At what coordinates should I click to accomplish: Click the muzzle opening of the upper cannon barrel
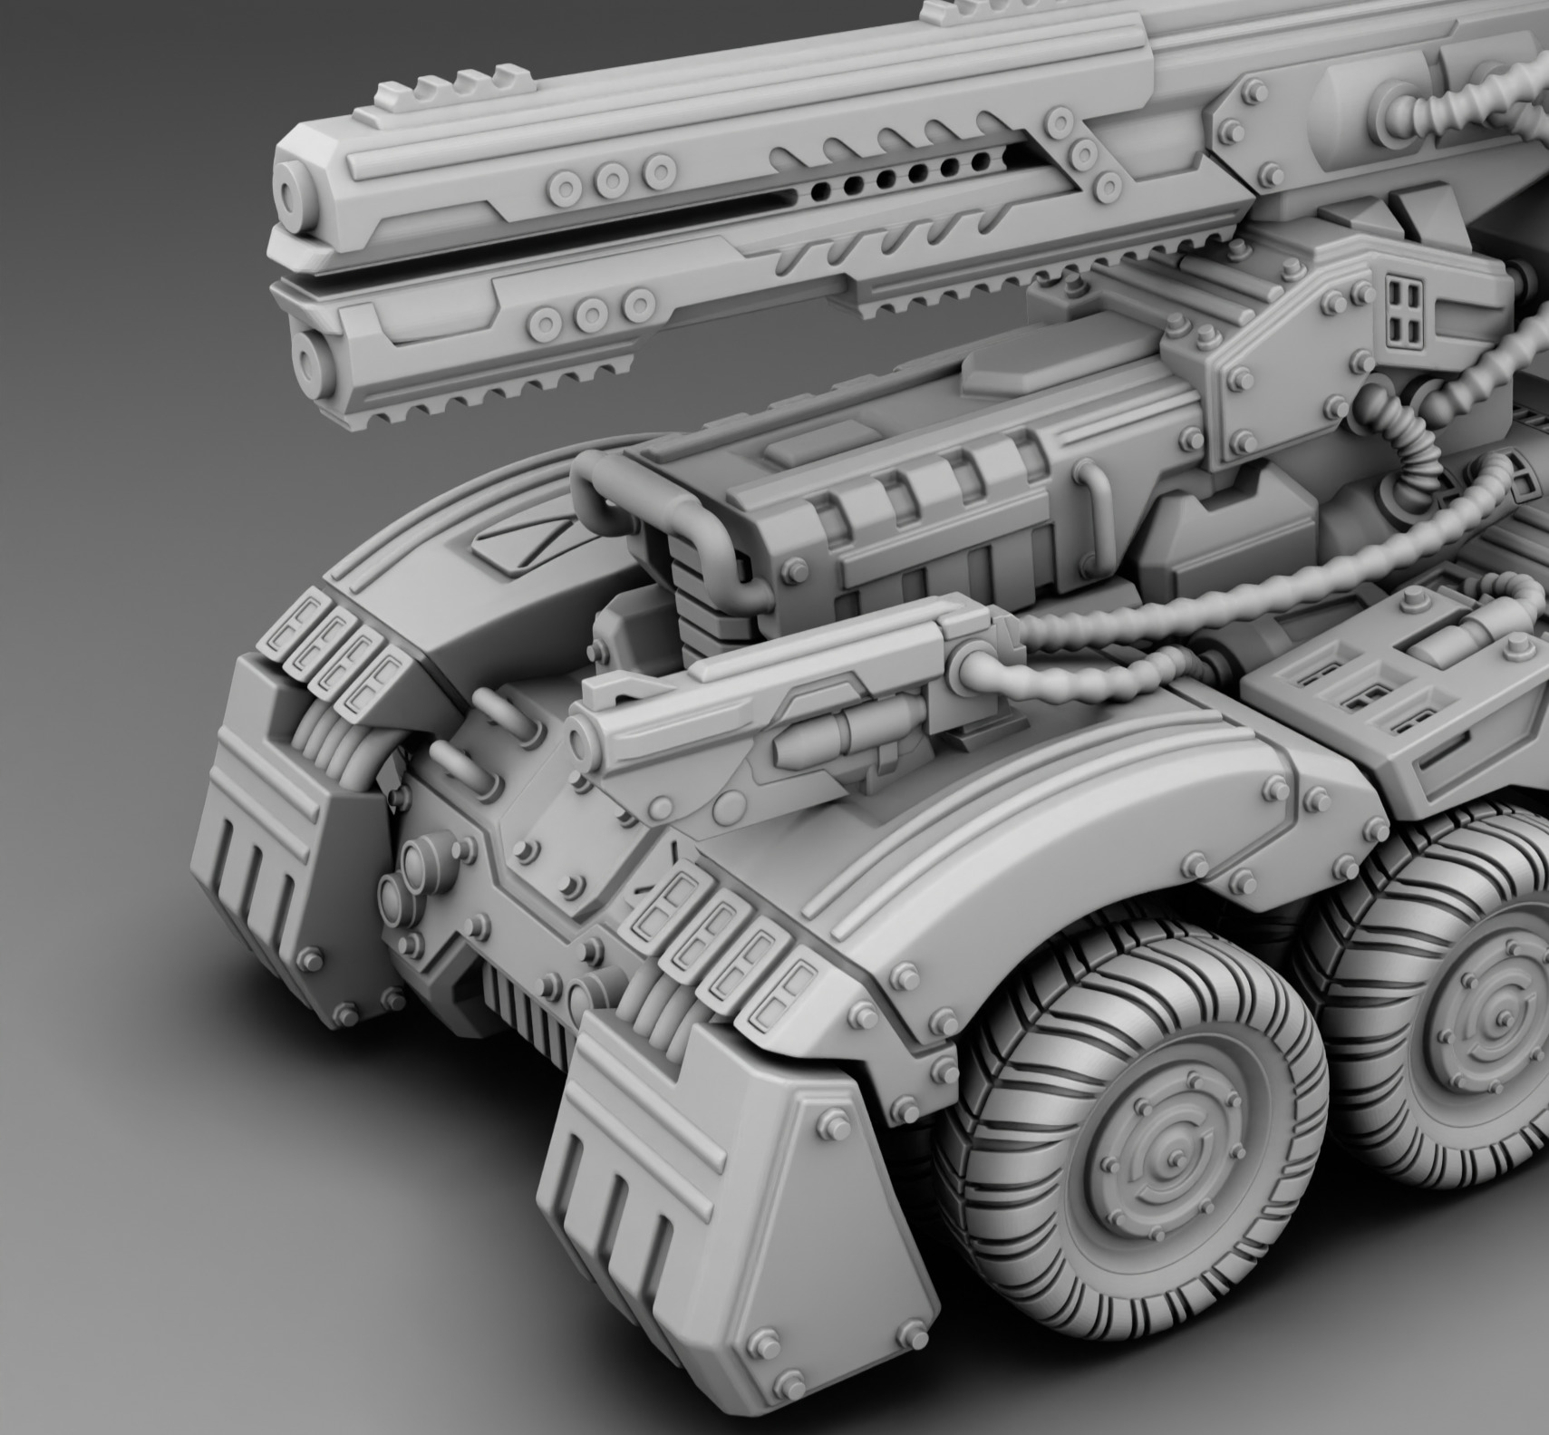[x=294, y=193]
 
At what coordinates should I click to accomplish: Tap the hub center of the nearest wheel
[x=1170, y=1159]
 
